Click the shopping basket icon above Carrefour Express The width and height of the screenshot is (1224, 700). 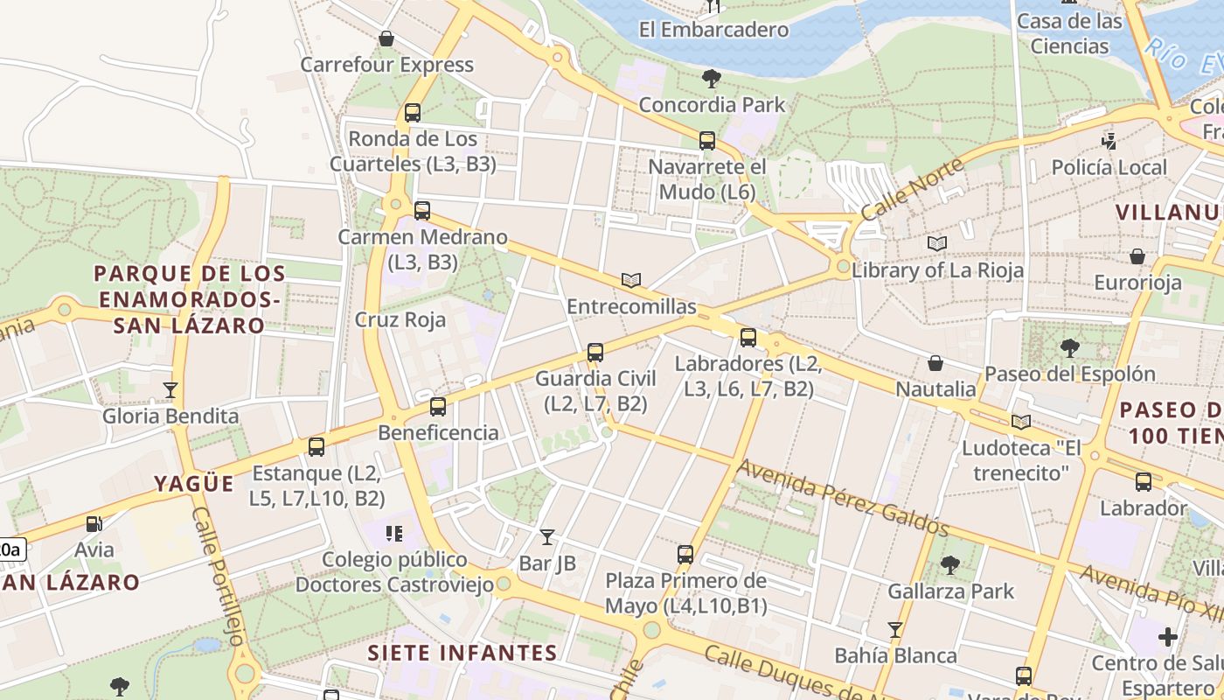[x=386, y=38]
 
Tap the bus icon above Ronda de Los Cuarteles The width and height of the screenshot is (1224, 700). [x=413, y=113]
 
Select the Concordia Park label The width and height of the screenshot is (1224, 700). [x=712, y=105]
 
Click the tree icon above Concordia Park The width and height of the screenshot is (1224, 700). [x=712, y=79]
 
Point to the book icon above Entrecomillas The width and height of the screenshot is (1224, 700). [x=631, y=281]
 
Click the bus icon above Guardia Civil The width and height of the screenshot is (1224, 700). [x=595, y=353]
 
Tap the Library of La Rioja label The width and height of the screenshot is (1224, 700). [x=937, y=270]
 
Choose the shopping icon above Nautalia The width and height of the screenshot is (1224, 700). [x=935, y=363]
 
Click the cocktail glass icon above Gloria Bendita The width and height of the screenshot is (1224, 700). [x=170, y=390]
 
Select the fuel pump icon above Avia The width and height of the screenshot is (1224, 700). [x=94, y=524]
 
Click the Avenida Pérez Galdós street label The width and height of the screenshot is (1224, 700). [x=842, y=497]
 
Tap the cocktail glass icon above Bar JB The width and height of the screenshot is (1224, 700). [x=547, y=537]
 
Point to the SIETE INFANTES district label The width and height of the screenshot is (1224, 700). [x=462, y=653]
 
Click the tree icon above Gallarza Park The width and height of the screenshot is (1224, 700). [x=950, y=565]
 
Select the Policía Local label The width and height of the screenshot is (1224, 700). [x=1109, y=167]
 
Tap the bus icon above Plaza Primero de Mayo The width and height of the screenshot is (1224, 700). [x=685, y=555]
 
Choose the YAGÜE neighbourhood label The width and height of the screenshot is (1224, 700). [x=194, y=484]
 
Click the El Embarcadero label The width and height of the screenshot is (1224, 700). [x=713, y=30]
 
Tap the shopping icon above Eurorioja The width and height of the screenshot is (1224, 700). [x=1137, y=256]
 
